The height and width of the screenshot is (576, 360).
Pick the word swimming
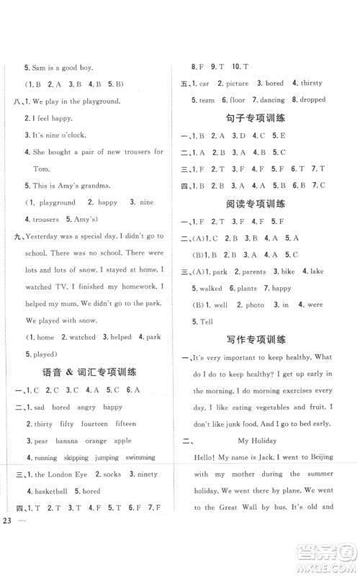[140, 457]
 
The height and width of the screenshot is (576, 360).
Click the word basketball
[50, 491]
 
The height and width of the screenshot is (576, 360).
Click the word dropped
[311, 100]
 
